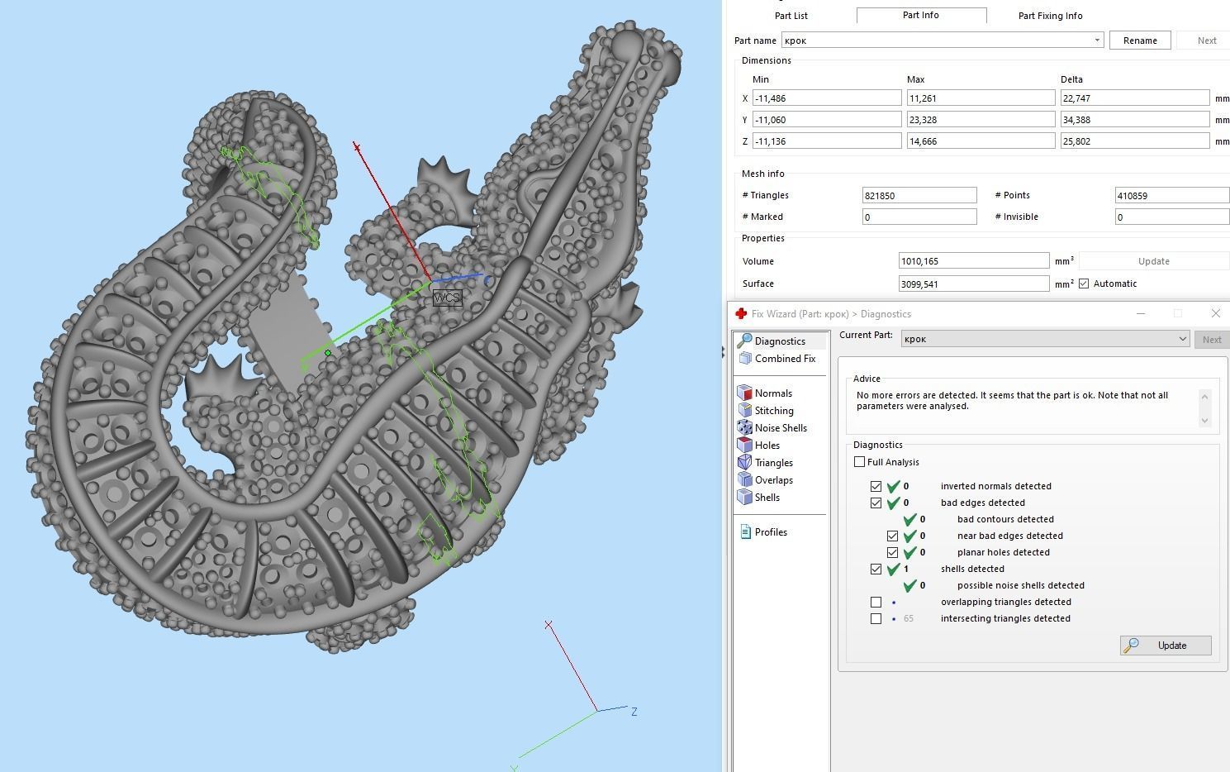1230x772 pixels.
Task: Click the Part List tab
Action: pyautogui.click(x=791, y=16)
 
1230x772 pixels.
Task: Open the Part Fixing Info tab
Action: pyautogui.click(x=1050, y=16)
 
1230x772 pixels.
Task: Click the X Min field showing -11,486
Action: pyautogui.click(x=826, y=98)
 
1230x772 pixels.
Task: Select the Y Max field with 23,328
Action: pyautogui.click(x=981, y=120)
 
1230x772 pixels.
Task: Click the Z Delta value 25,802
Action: pyautogui.click(x=1134, y=141)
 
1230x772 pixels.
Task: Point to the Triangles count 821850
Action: pyautogui.click(x=919, y=195)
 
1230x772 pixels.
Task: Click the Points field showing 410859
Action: pyautogui.click(x=1171, y=195)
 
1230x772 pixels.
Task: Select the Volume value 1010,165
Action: pyautogui.click(x=974, y=261)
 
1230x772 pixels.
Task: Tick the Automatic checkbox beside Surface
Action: pyautogui.click(x=1084, y=284)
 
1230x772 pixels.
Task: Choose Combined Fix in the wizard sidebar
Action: pyautogui.click(x=785, y=358)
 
